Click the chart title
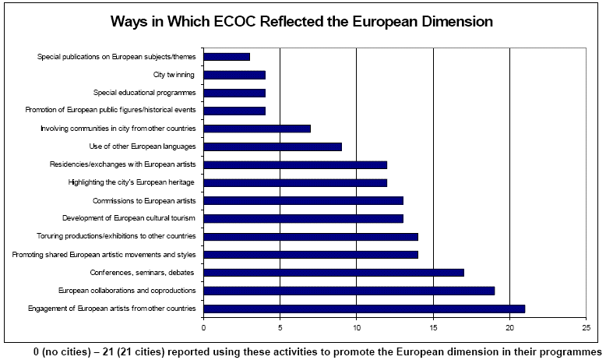coord(303,22)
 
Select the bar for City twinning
coord(234,75)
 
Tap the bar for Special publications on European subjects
coord(227,57)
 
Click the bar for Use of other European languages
coord(273,146)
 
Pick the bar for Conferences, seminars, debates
coord(333,273)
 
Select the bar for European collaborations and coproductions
coord(349,291)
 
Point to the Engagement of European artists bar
coord(364,309)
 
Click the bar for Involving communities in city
coord(257,129)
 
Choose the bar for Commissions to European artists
coord(303,200)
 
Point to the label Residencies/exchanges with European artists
coord(122,164)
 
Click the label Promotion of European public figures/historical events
coord(111,111)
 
